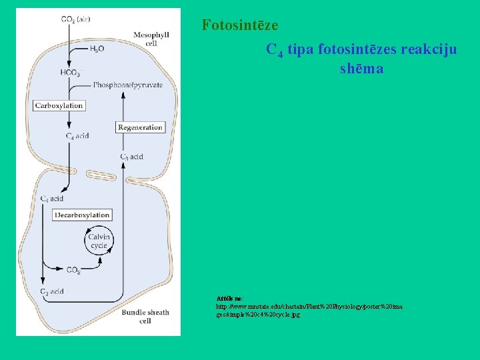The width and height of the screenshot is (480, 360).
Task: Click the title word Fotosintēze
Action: pyautogui.click(x=240, y=26)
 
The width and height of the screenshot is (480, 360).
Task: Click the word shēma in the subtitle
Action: pyautogui.click(x=361, y=69)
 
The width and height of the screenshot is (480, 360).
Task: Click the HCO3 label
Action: pyautogui.click(x=70, y=73)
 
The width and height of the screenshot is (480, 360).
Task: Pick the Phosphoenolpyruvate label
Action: pyautogui.click(x=128, y=85)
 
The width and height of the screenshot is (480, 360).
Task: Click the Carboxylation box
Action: pyautogui.click(x=59, y=105)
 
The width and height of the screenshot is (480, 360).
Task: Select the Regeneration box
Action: pyautogui.click(x=140, y=127)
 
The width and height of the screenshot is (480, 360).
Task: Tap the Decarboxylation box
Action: pyautogui.click(x=82, y=215)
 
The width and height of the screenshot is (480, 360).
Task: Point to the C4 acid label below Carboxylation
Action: pyautogui.click(x=77, y=136)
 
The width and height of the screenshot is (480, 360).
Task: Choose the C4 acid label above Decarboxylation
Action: pyautogui.click(x=52, y=199)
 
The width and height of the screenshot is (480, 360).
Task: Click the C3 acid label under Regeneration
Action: pyautogui.click(x=131, y=157)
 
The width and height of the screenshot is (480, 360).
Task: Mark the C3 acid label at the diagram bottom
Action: pyautogui.click(x=52, y=291)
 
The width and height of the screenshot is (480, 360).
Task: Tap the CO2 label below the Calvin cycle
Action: pyautogui.click(x=74, y=270)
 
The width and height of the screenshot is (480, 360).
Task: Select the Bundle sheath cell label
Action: pyautogui.click(x=145, y=316)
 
